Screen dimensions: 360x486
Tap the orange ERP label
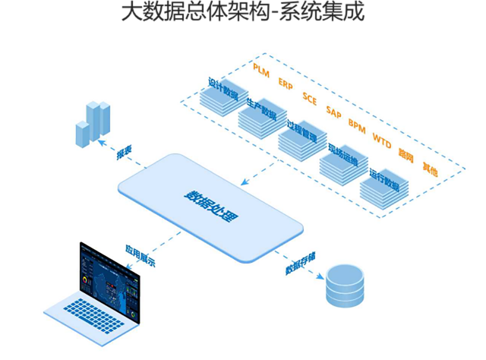(286, 83)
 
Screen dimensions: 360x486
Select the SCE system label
(310, 96)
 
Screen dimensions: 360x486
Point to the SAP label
(333, 110)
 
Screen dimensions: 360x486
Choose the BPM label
(357, 123)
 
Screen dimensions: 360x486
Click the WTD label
(381, 137)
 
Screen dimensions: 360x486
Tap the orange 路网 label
(406, 155)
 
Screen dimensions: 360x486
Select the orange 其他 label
(430, 169)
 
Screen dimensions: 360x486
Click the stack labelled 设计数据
(219, 99)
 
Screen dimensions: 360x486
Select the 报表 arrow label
(124, 153)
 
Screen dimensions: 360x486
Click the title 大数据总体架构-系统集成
(242, 13)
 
